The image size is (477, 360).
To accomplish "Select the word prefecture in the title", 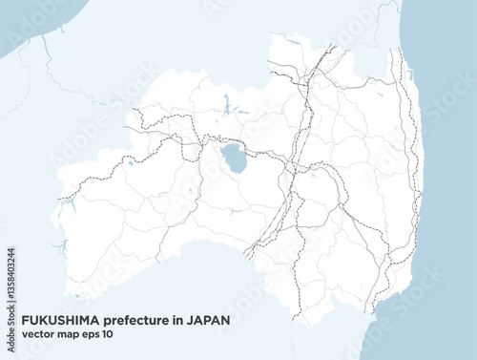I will coord(134,322).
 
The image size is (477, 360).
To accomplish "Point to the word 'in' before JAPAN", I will coord(176,322).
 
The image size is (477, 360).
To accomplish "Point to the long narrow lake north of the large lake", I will coord(226,103).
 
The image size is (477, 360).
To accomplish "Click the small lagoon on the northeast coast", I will coord(407,74).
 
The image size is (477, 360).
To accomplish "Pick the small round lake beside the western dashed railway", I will coord(130,163).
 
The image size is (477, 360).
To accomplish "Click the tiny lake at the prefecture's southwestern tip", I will coord(76,296).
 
